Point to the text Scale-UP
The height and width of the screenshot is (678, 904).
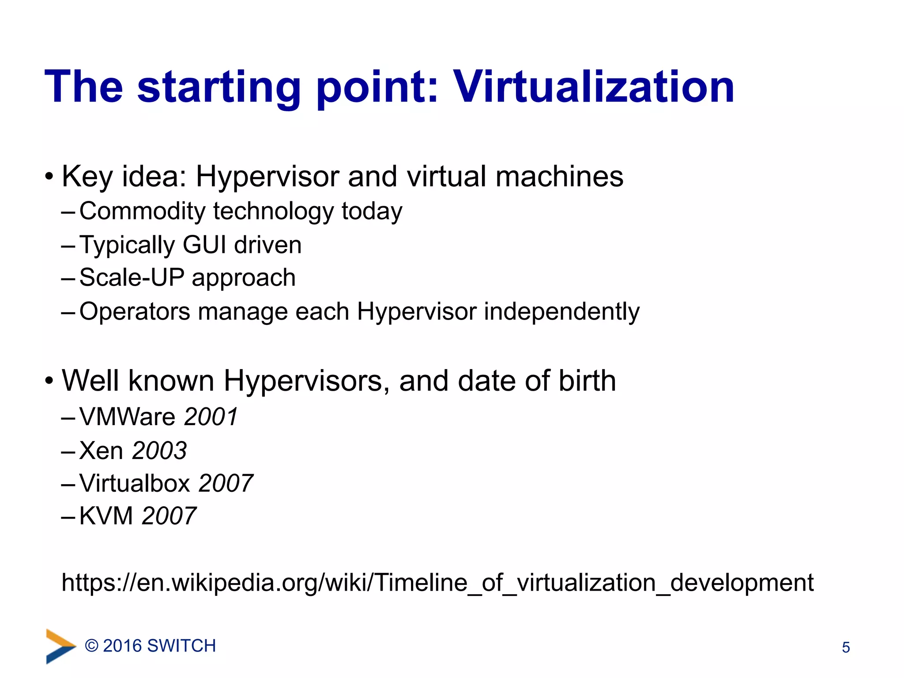132,278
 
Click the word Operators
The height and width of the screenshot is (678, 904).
135,312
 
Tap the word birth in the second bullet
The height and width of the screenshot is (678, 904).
587,380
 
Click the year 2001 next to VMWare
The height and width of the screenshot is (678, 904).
211,417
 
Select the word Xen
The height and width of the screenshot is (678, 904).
101,451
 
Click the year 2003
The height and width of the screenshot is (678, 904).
159,451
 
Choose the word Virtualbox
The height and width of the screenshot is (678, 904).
135,483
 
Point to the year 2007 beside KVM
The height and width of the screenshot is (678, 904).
169,516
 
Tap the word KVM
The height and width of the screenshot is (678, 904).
106,516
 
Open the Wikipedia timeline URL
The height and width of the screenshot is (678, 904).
437,583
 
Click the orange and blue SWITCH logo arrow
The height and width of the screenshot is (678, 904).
60,646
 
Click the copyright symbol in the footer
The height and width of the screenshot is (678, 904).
91,646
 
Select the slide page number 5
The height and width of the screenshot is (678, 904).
846,648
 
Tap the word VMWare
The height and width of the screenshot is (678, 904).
128,417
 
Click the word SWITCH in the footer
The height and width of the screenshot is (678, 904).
181,646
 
